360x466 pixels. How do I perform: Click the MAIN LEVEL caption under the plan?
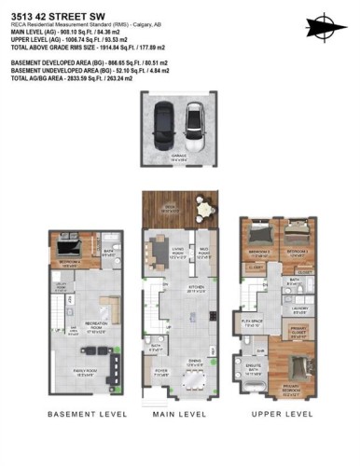(x=179, y=412)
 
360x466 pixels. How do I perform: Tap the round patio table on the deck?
(x=202, y=212)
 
